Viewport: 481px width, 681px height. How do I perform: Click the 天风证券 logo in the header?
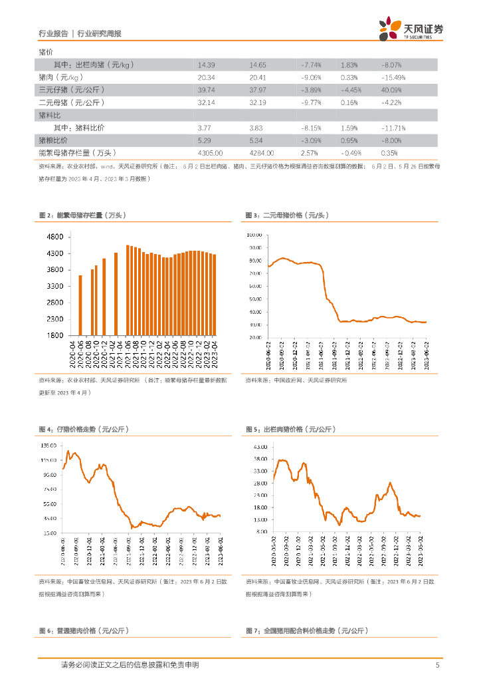(411, 29)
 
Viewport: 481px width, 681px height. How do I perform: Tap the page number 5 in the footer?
(437, 665)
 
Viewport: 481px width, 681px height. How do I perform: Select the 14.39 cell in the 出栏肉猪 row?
(206, 65)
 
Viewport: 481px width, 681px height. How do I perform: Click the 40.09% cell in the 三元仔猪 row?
(392, 90)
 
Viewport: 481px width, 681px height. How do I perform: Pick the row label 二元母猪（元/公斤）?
(73, 102)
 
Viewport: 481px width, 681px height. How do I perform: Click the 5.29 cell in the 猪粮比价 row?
(204, 140)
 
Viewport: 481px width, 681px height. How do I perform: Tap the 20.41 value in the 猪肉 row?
(258, 77)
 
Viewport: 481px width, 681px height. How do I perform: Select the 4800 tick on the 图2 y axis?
(54, 237)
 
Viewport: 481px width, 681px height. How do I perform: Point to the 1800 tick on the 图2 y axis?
(54, 335)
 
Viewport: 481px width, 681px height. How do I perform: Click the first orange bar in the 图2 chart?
(80, 305)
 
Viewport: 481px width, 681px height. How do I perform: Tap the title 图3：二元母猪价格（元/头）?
(287, 215)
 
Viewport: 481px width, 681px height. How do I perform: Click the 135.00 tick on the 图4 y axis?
(48, 445)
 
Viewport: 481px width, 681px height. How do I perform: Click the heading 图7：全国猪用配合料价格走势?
(306, 630)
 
